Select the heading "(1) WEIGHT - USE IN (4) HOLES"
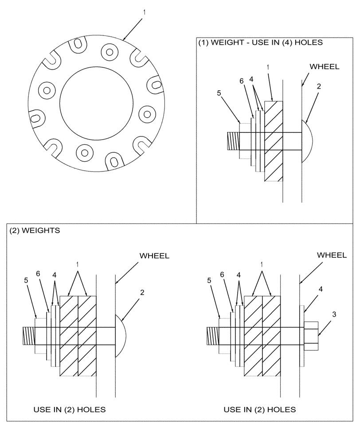click(260, 43)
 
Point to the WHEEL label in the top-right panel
click(324, 67)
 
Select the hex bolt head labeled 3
click(311, 336)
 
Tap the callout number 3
click(334, 314)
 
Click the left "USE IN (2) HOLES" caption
click(70, 409)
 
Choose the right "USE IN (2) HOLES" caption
click(259, 409)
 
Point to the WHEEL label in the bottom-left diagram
click(154, 256)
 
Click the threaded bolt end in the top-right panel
click(233, 141)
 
